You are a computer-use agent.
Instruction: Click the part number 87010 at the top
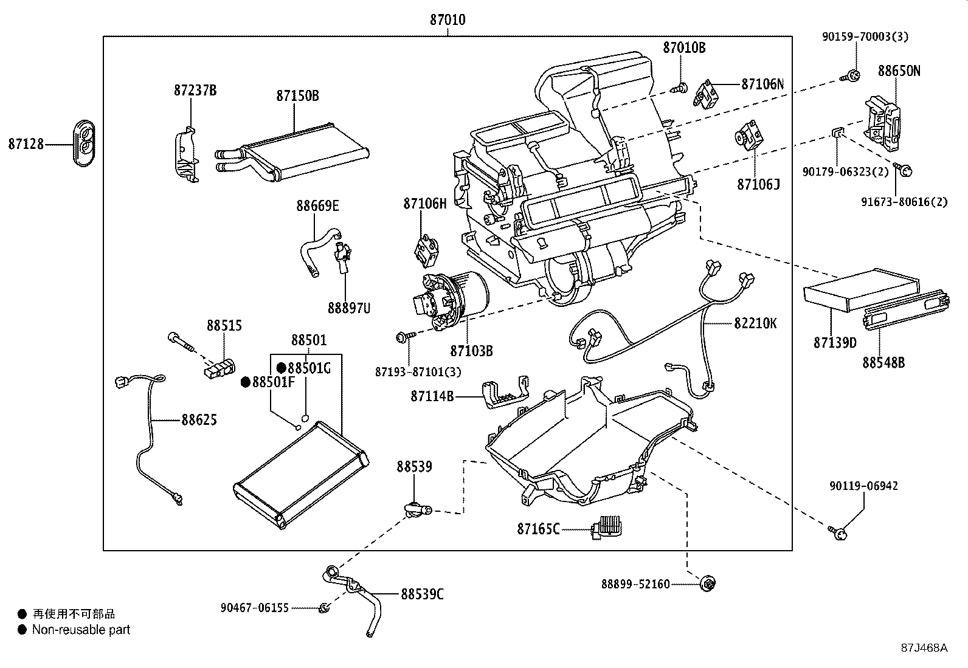coord(448,19)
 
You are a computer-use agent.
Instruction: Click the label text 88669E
coord(317,205)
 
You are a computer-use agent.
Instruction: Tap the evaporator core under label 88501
coord(301,475)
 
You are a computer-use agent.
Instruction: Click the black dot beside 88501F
coord(246,382)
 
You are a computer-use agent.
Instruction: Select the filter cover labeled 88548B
coord(905,312)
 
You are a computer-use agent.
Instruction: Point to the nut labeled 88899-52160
coord(707,584)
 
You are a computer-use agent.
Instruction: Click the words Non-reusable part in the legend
coord(81,630)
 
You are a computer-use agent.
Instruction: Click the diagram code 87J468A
coord(924,647)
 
